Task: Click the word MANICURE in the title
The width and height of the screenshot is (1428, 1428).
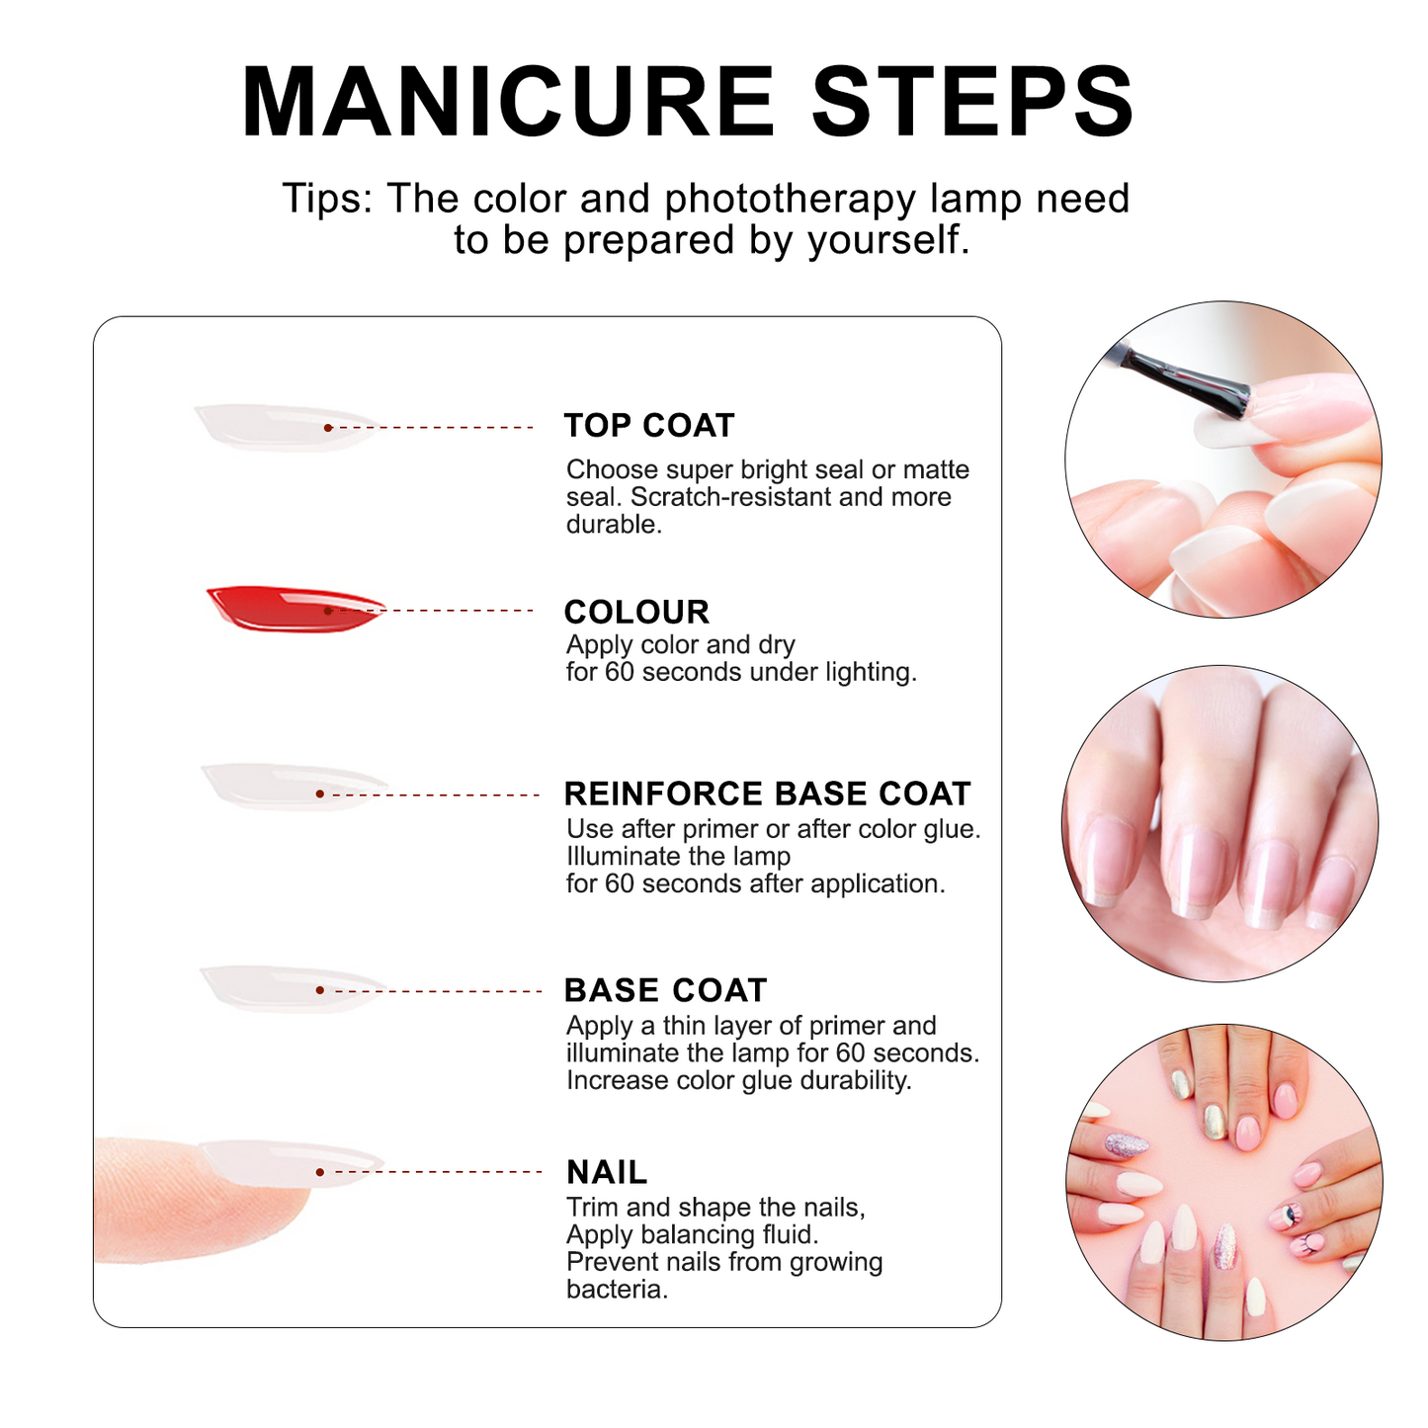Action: [x=507, y=103]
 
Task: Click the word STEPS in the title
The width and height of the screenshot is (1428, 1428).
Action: [x=972, y=103]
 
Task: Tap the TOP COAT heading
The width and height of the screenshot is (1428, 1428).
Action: [x=648, y=426]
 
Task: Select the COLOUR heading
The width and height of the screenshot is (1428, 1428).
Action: [x=636, y=612]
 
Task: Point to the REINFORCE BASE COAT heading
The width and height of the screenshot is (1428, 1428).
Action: [x=767, y=794]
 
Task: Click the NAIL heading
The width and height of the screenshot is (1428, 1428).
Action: [x=607, y=1172]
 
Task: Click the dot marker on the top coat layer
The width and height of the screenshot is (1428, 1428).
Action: [x=328, y=427]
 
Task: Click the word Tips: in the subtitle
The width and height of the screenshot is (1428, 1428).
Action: [x=327, y=199]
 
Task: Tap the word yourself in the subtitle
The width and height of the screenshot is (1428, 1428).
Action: [x=888, y=240]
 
